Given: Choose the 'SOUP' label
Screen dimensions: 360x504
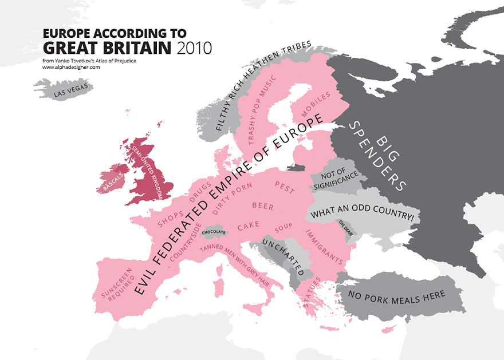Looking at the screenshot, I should [283, 229].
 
